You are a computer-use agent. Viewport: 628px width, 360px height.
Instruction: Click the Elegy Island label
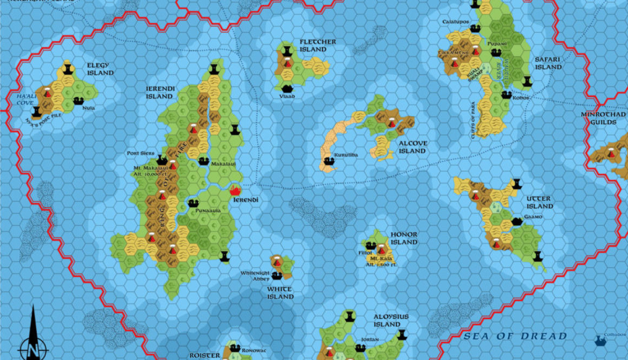(100, 69)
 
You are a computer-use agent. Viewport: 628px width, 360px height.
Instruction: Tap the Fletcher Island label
(318, 45)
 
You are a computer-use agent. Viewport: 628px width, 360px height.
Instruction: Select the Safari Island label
(548, 63)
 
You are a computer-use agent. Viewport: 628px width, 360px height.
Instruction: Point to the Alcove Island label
(412, 147)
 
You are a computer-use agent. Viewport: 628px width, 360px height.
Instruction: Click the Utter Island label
(540, 202)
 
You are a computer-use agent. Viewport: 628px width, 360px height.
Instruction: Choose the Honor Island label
(404, 238)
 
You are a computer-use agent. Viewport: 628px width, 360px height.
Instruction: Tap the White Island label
(280, 293)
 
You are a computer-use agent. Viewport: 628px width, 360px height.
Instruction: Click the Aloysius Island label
(391, 320)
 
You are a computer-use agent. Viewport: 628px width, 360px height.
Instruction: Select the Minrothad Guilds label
(599, 118)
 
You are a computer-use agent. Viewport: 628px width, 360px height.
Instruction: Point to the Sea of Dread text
(514, 337)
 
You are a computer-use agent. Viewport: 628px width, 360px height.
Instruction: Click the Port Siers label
(140, 153)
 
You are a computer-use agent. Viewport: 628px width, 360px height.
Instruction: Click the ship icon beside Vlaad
(286, 88)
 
